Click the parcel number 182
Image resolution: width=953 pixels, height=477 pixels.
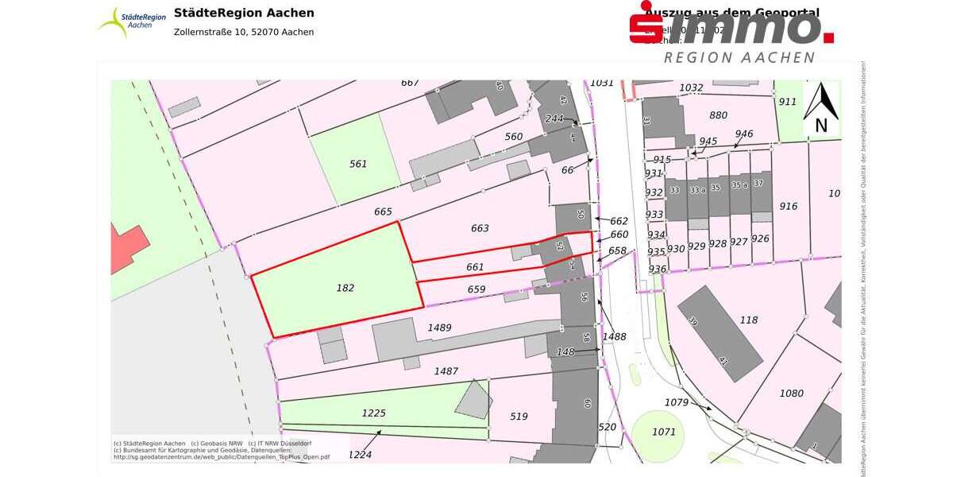pyautogui.click(x=345, y=288)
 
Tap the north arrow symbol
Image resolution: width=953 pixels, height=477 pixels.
pyautogui.click(x=821, y=109)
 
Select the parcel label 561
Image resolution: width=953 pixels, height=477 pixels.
pyautogui.click(x=358, y=164)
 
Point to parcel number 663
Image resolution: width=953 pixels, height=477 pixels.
pyautogui.click(x=480, y=228)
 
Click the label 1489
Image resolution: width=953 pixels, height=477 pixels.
pyautogui.click(x=439, y=328)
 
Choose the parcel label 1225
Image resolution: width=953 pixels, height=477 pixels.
pyautogui.click(x=373, y=413)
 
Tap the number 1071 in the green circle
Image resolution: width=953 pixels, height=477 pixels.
pyautogui.click(x=663, y=432)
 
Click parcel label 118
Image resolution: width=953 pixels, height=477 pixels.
pyautogui.click(x=749, y=320)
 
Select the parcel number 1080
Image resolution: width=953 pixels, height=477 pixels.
pyautogui.click(x=791, y=393)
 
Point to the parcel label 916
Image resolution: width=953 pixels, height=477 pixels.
pyautogui.click(x=788, y=206)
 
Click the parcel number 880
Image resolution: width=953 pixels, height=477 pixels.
pyautogui.click(x=718, y=114)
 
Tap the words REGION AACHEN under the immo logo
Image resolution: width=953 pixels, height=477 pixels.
pyautogui.click(x=739, y=57)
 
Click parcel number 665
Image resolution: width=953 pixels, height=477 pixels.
pyautogui.click(x=383, y=211)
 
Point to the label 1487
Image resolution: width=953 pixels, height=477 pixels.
pyautogui.click(x=446, y=370)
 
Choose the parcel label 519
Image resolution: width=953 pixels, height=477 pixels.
pyautogui.click(x=519, y=416)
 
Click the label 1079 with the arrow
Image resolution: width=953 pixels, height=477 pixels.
pyautogui.click(x=677, y=402)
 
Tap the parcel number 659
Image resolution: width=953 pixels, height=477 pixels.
pyautogui.click(x=476, y=289)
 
